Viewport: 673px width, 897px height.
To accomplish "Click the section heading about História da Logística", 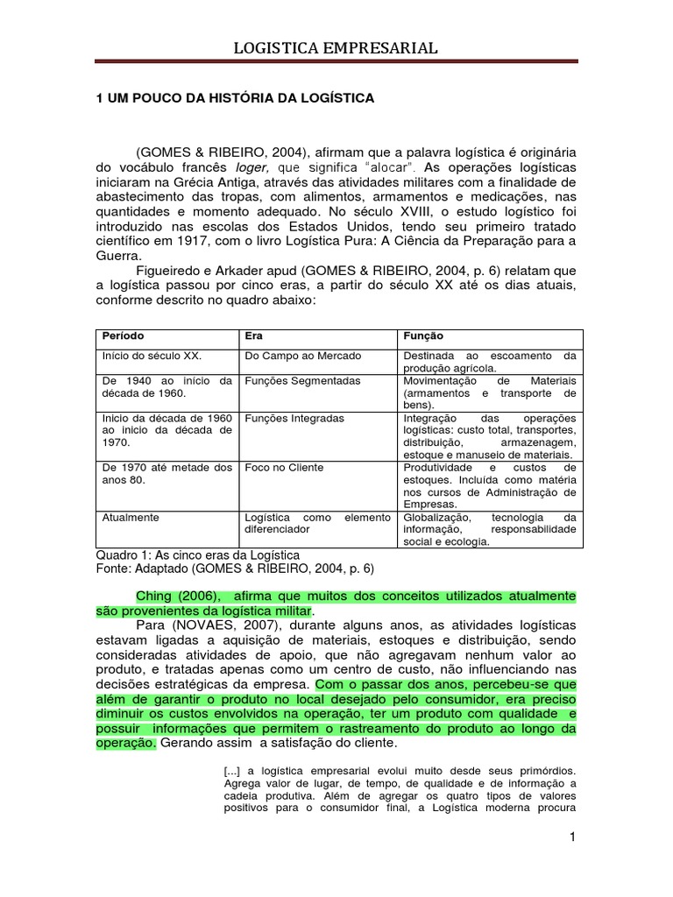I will click(x=234, y=98).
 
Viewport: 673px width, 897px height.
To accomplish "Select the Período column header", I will click(x=124, y=336).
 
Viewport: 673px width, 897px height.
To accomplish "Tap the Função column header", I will click(x=422, y=336).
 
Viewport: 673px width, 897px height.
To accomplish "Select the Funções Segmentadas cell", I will click(x=290, y=381).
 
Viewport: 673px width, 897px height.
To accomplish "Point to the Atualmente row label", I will click(x=131, y=517).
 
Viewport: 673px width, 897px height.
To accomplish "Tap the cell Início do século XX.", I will click(x=152, y=356).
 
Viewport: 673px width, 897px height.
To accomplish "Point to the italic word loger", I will click(x=254, y=166).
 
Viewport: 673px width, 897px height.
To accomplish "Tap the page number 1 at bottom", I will click(x=570, y=838).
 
